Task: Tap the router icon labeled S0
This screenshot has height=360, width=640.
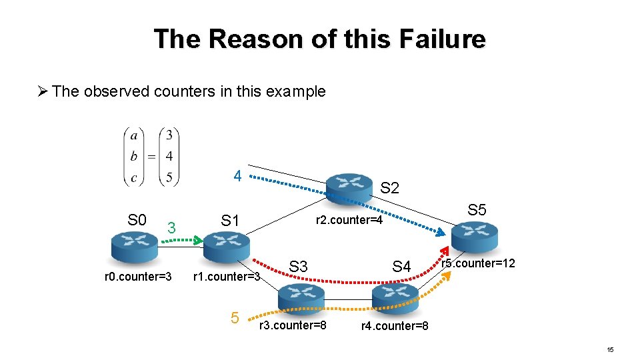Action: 133,247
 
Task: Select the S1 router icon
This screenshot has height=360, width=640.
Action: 226,247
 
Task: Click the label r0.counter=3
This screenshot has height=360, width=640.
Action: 139,277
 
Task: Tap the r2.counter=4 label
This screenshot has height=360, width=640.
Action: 349,220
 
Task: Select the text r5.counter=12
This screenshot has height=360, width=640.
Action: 478,263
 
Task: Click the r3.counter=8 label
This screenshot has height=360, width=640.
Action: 293,325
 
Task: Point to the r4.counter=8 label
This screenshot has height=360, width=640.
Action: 395,326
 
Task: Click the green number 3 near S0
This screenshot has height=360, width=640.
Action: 171,228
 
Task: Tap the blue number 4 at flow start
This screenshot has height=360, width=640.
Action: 237,177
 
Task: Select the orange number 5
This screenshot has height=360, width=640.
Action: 235,319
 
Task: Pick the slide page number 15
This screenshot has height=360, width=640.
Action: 610,350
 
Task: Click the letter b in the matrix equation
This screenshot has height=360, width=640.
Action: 134,157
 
